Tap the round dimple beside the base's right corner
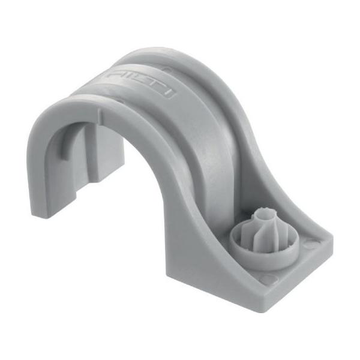pos(310,245)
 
